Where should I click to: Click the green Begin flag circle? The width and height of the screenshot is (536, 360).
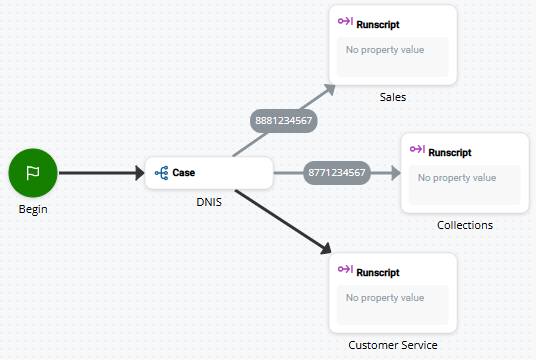[x=32, y=172]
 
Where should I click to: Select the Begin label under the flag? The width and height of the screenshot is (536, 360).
[x=32, y=209]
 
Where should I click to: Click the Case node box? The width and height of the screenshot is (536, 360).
[x=208, y=172]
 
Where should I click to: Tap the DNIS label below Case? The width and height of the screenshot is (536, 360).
[x=208, y=202]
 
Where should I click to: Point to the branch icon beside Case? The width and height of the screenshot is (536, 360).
[x=162, y=172]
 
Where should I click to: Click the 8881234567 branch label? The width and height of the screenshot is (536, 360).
[x=283, y=120]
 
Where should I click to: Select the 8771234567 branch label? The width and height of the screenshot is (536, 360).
[x=337, y=173]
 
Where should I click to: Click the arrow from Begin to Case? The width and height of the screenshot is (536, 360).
[x=100, y=173]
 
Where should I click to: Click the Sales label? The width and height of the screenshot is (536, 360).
[x=393, y=97]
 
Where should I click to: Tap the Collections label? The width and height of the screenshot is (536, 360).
[x=465, y=225]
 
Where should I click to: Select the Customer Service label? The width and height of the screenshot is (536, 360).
[x=393, y=345]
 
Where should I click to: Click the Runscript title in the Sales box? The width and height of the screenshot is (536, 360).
[x=378, y=23]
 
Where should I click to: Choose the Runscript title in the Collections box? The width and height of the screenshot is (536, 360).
[x=450, y=152]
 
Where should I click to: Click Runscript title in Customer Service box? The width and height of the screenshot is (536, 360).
[x=378, y=272]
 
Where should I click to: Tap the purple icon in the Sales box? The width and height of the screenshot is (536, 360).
[x=345, y=22]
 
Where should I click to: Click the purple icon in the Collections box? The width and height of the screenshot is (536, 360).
[x=417, y=151]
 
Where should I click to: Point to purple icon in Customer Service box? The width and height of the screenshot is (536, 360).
[x=345, y=271]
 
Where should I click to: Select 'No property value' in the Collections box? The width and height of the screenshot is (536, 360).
[x=456, y=178]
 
